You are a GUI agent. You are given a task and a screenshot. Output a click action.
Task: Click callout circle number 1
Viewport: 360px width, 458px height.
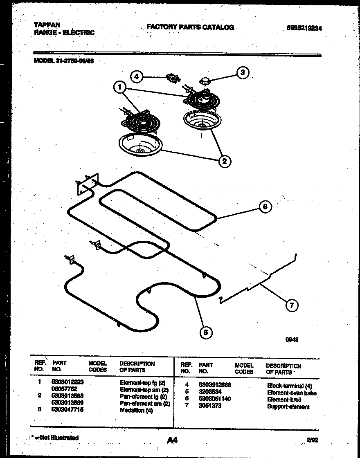point(119,87)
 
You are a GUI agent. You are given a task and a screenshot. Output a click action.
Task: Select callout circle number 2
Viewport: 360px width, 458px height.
point(224,161)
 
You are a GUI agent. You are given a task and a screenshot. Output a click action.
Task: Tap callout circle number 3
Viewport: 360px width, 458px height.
point(243,72)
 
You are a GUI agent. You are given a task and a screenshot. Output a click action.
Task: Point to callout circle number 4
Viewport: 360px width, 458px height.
point(137,76)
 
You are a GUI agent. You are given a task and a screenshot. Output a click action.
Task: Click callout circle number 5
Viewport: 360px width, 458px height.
point(206,332)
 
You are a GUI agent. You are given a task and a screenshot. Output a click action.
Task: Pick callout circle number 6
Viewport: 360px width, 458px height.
point(265,207)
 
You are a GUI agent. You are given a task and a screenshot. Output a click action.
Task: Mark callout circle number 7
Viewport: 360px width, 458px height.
point(291,305)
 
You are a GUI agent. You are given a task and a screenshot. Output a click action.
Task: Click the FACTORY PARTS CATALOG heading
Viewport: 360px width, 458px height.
point(190,27)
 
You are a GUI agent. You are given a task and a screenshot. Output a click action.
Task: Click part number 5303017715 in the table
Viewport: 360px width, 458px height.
point(67,410)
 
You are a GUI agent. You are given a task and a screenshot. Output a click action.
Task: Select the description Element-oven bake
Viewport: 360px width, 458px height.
point(292,393)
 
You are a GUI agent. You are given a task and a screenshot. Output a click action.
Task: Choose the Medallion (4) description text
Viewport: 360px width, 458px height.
point(136,411)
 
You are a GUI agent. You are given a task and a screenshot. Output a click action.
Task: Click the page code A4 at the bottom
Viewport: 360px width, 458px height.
point(173,440)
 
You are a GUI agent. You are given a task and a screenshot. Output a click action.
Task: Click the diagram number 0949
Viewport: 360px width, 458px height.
point(292,339)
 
